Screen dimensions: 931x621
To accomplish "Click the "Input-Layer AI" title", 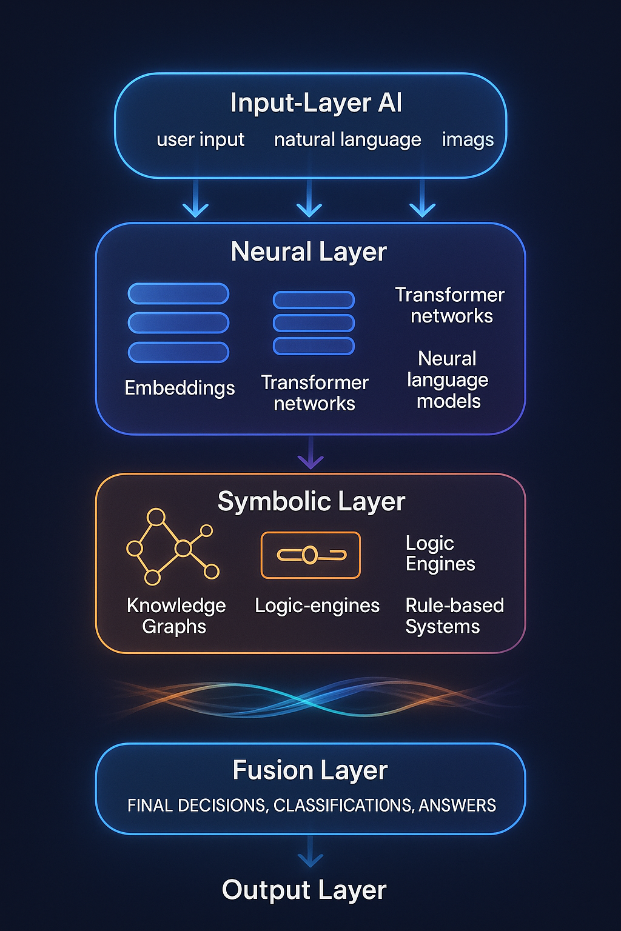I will tap(316, 103).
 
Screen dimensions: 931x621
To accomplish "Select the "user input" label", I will tap(200, 140).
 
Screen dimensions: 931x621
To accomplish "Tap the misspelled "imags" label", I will tap(468, 140).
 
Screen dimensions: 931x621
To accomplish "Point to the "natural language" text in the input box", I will tap(347, 140).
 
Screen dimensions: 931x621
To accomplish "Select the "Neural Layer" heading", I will tap(309, 252).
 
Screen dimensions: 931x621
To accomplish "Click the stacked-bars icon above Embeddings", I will tap(178, 322).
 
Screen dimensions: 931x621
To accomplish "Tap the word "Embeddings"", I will tap(180, 388).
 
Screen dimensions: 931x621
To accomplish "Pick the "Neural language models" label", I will tap(448, 380).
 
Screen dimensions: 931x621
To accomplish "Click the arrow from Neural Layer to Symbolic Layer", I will tap(310, 454).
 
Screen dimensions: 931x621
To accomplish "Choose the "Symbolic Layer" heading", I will tap(311, 502).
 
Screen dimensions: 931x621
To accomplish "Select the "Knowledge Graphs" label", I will tap(176, 616).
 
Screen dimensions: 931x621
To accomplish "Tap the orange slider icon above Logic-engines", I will tap(310, 555).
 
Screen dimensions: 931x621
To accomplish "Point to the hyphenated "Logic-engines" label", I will tap(317, 606).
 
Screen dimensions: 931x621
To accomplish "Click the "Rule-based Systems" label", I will tap(454, 616).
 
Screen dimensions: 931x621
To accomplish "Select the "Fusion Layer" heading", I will tap(310, 771).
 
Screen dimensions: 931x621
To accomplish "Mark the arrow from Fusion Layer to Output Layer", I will tap(310, 852).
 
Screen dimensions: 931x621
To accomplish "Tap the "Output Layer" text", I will tap(304, 890).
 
